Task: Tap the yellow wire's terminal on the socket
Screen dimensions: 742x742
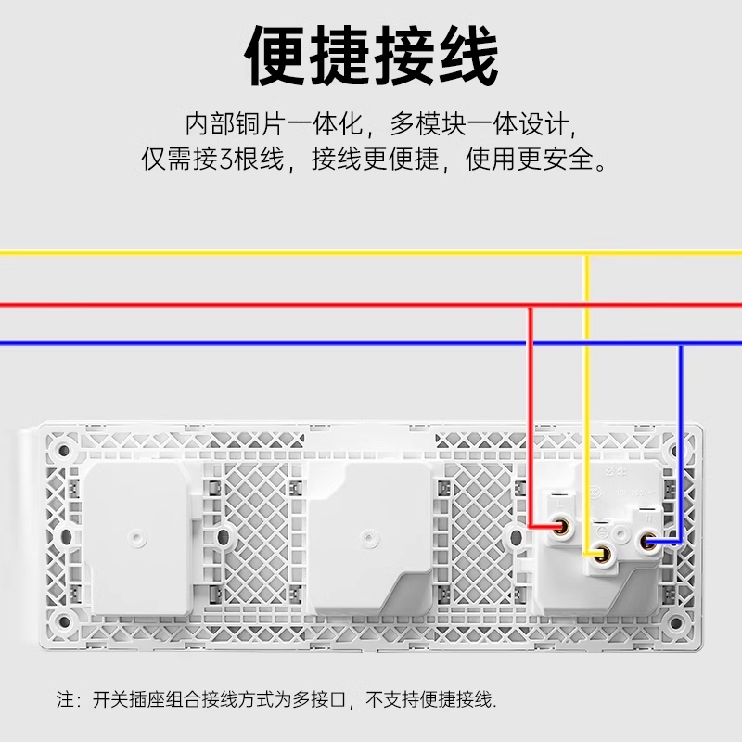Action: [x=603, y=556]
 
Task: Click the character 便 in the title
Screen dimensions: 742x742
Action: [x=275, y=58]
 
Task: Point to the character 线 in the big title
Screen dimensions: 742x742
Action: [x=467, y=58]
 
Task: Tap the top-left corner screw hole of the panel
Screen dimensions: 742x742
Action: [x=64, y=453]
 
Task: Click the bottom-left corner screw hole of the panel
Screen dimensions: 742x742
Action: [x=64, y=620]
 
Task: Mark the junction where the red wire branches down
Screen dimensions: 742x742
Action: [x=530, y=304]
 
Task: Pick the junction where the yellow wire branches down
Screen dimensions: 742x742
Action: [x=586, y=251]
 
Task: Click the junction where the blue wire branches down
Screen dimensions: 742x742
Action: [x=680, y=344]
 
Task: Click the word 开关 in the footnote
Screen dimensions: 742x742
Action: [x=110, y=697]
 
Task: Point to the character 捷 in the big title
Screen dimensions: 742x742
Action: [x=339, y=58]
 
